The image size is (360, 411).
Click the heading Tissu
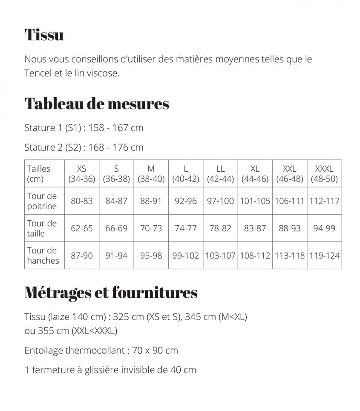44,34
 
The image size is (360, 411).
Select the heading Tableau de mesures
97,103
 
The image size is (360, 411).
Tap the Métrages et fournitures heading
111,292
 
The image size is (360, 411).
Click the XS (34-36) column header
82,174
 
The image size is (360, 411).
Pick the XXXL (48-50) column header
324,174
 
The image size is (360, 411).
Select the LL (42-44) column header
220,174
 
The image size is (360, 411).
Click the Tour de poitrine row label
42,201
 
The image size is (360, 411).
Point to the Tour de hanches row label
43,256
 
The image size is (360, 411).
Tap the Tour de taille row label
42,228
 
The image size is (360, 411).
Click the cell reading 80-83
82,201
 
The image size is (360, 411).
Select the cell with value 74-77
186,228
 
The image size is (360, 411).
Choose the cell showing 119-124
325,256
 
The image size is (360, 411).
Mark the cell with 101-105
255,201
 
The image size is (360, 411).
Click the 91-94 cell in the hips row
116,256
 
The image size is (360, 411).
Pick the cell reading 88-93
290,228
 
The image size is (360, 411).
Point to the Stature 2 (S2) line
84,147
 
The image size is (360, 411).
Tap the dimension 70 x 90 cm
155,351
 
